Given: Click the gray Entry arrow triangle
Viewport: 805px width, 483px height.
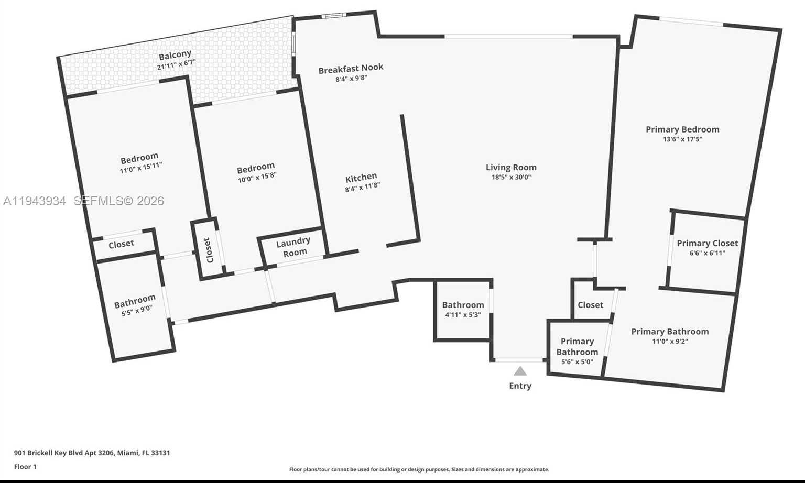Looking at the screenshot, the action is [520, 371].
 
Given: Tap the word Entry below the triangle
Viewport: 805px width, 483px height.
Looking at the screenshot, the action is [520, 386].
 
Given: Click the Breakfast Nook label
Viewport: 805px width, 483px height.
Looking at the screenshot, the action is [351, 68].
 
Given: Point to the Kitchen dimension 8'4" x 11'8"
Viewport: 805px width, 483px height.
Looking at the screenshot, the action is [363, 186].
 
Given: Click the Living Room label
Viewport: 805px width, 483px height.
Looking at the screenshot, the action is [511, 167].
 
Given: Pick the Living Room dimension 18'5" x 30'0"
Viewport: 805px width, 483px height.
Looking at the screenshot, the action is [511, 177].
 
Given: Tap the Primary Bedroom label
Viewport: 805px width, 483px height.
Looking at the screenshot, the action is [682, 129].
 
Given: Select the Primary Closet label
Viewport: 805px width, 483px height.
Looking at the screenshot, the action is [707, 243].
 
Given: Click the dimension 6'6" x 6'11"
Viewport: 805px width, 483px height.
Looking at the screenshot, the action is [707, 253].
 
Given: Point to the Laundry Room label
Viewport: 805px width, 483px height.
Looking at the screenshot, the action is [293, 247].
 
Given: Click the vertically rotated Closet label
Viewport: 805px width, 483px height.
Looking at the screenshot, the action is [208, 250].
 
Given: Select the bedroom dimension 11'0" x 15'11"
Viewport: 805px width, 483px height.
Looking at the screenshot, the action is [141, 167].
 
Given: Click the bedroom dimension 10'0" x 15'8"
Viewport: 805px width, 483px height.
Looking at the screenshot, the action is [257, 177].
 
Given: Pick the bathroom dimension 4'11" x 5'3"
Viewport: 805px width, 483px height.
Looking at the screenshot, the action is [463, 315].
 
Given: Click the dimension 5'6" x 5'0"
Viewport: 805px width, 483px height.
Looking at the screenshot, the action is [577, 362].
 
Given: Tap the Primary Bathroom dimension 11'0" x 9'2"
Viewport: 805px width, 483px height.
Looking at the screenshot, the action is [670, 341].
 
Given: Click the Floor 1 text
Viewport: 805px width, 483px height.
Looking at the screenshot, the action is [25, 467].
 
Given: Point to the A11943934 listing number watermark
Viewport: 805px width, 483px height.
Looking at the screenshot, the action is [35, 201].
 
